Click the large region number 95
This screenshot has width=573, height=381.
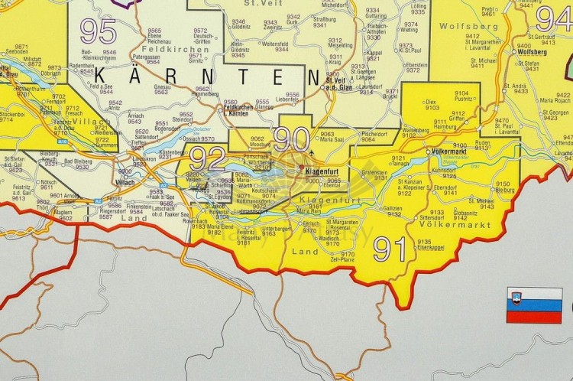(x=98, y=31)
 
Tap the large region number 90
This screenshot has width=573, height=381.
(x=291, y=139)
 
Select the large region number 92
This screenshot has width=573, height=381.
(x=207, y=159)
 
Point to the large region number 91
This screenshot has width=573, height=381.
(x=390, y=249)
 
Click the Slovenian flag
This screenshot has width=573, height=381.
(x=534, y=305)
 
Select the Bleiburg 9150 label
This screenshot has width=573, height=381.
(x=503, y=187)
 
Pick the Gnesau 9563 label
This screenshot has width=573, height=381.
(x=160, y=90)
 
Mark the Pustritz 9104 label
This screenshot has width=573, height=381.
(x=463, y=96)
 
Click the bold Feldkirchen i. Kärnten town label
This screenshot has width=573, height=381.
(x=238, y=109)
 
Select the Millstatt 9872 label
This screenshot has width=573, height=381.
(x=34, y=61)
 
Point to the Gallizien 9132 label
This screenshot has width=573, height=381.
(x=393, y=211)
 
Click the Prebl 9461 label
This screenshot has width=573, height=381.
(x=488, y=11)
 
